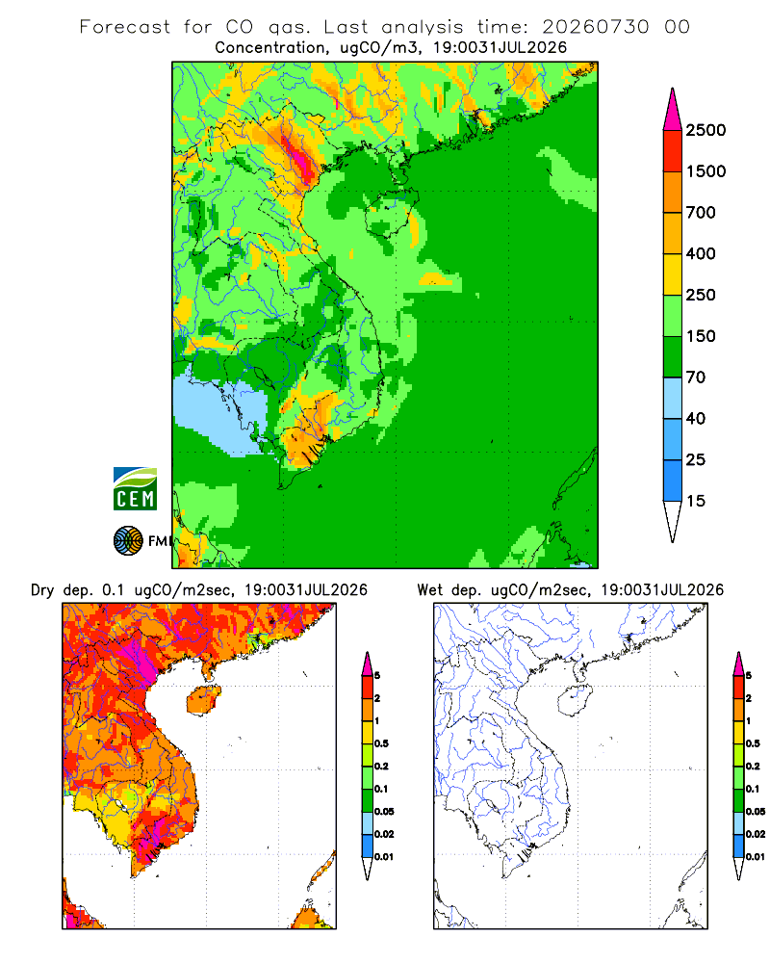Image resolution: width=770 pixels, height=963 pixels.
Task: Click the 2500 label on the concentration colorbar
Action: (x=706, y=130)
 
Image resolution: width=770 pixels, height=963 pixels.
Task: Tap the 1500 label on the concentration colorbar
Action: (x=706, y=171)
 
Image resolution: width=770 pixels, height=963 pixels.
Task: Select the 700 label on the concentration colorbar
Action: (x=701, y=213)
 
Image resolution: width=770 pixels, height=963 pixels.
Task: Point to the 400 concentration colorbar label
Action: (x=701, y=253)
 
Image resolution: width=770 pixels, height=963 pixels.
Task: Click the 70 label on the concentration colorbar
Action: (x=696, y=377)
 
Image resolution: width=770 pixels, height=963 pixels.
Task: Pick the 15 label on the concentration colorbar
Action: (x=696, y=501)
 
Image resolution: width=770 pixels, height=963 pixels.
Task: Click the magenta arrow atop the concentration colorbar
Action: (x=673, y=110)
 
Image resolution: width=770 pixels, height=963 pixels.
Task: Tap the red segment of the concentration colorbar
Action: (x=673, y=151)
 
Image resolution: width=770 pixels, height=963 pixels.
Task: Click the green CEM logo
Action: (x=135, y=489)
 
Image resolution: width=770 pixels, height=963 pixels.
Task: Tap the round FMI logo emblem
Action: (x=128, y=541)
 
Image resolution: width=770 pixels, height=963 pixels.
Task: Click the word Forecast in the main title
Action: (x=125, y=27)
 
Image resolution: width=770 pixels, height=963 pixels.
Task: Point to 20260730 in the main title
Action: (x=595, y=27)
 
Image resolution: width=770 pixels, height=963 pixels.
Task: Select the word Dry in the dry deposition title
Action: (x=42, y=590)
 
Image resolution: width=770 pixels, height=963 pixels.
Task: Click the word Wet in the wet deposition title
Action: (x=429, y=590)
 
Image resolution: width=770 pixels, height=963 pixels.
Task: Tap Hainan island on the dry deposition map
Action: (x=203, y=700)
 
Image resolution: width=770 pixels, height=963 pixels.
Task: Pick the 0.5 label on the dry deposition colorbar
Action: (x=381, y=743)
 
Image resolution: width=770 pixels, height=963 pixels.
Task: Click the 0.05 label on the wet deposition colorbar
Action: (x=756, y=812)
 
